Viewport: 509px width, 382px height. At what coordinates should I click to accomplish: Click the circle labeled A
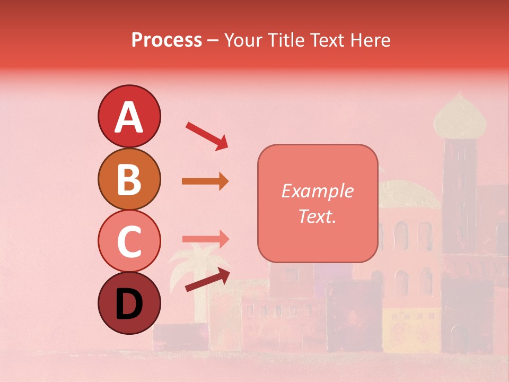pos(129,116)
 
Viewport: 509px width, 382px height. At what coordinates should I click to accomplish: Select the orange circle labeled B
pos(129,179)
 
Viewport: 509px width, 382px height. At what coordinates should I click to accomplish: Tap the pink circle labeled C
pos(129,241)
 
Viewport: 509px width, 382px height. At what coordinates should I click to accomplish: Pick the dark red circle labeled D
pos(129,303)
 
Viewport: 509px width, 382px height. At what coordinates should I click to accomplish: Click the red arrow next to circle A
pos(207,136)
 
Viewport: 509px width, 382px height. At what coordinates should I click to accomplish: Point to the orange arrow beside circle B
pos(205,181)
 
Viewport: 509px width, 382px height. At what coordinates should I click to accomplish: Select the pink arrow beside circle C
pos(205,239)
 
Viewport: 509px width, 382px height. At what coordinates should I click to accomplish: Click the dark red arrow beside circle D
pos(208,280)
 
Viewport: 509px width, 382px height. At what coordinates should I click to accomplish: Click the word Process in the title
pos(166,40)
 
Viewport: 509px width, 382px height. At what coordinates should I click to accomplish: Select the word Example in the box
pos(317,191)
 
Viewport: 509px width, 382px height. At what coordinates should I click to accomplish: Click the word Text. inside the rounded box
pos(317,216)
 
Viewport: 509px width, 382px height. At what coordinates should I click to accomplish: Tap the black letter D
pos(129,305)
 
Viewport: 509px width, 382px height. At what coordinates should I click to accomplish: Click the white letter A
pos(129,117)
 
